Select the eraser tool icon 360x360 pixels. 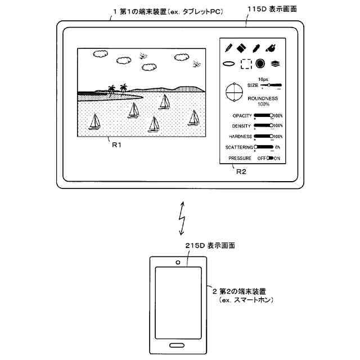242,47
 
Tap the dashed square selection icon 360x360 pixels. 246,64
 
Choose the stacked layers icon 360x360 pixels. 276,64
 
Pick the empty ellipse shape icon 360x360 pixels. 229,64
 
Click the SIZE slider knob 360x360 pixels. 269,85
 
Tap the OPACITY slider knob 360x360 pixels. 272,115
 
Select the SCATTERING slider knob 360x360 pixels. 256,147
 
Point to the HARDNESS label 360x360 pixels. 241,137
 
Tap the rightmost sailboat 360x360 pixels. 194,118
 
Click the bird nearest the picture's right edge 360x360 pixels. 196,64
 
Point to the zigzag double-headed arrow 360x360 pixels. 181,217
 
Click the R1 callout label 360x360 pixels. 116,145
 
